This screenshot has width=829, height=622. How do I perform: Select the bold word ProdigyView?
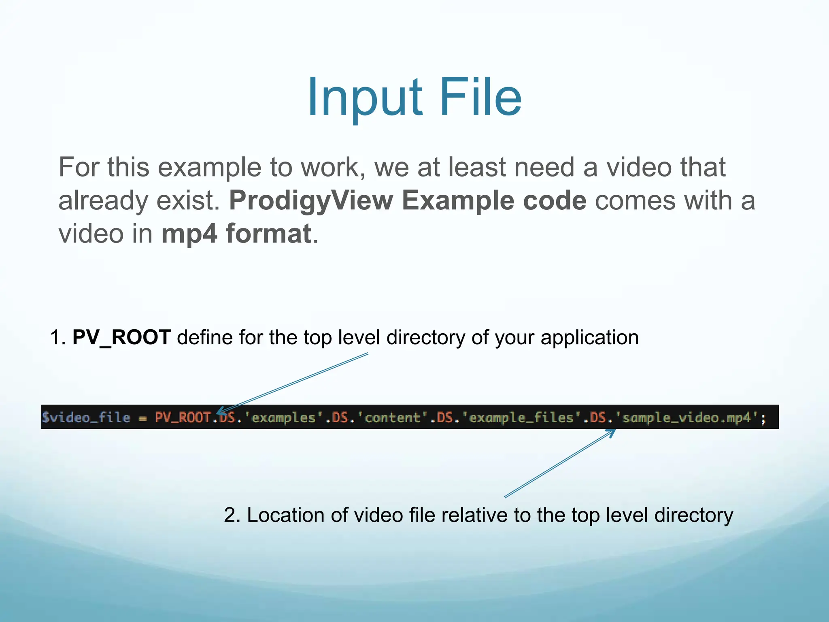coord(311,200)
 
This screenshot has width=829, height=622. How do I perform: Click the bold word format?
coord(268,234)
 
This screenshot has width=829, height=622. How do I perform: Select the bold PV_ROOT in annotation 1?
coord(121,337)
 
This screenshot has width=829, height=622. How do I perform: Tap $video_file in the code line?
coord(86,418)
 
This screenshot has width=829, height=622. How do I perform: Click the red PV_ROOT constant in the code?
coord(183,418)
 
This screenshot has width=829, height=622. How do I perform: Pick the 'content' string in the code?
coord(392,418)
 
